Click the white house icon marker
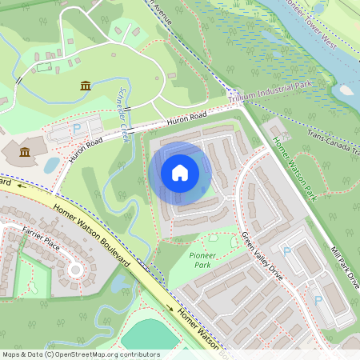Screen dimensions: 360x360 click(180, 172)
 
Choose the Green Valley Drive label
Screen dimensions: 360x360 click(262, 255)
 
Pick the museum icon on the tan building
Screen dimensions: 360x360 click(25, 152)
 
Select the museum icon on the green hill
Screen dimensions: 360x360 click(85, 86)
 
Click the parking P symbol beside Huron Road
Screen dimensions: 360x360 click(78, 128)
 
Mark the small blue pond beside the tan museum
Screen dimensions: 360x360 click(52, 165)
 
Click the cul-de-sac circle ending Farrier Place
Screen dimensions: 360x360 click(75, 270)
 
